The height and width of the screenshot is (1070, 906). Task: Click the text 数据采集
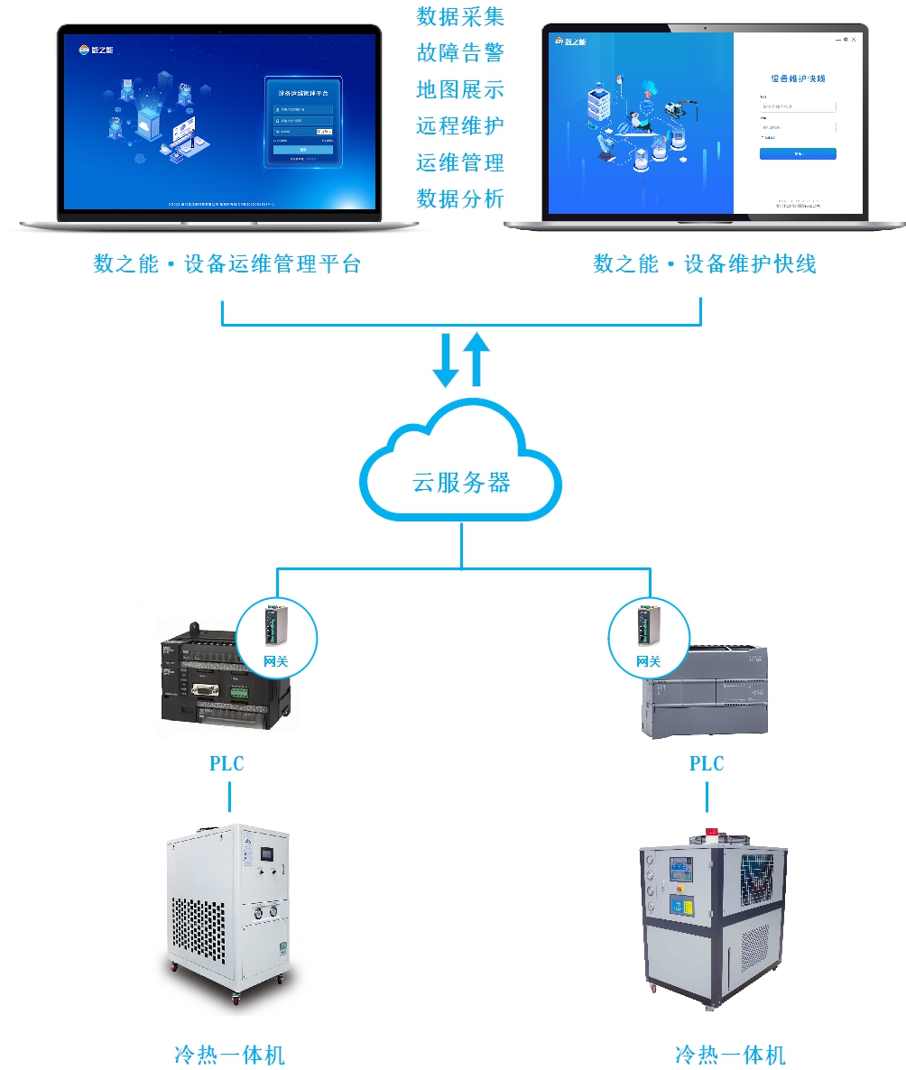pos(460,16)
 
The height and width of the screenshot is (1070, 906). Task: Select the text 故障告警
pos(460,53)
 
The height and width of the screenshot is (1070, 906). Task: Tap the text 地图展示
pos(460,89)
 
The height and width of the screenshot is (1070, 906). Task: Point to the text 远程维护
pos(460,126)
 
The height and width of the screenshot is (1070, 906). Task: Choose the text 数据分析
pos(460,198)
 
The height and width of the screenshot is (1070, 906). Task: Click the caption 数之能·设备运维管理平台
pos(227,264)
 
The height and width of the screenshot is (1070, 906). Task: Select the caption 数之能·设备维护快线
pos(705,264)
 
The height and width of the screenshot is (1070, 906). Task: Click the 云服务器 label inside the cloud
pos(461,482)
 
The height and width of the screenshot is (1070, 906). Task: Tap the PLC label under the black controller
pos(226,764)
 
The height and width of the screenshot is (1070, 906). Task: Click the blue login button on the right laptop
pos(798,154)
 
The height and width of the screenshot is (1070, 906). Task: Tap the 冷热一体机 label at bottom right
pos(730,1054)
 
